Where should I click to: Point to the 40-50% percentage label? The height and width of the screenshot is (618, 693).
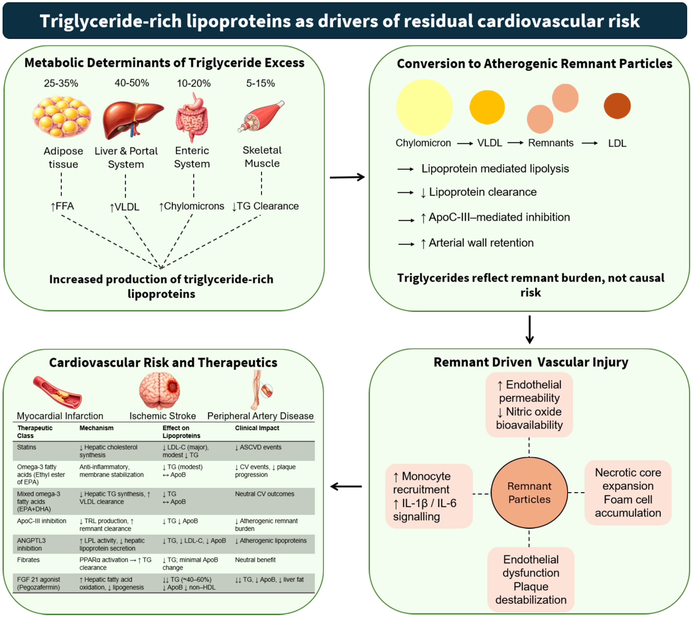pyautogui.click(x=132, y=83)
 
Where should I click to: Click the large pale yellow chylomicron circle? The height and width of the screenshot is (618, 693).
pyautogui.click(x=424, y=107)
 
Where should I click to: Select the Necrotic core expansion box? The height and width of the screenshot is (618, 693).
pyautogui.click(x=628, y=493)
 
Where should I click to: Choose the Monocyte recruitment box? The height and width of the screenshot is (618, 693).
pyautogui.click(x=429, y=496)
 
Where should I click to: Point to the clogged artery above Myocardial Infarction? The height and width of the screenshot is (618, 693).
pyautogui.click(x=57, y=392)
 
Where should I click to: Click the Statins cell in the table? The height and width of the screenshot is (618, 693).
pyautogui.click(x=26, y=447)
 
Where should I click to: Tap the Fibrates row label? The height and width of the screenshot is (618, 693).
pyautogui.click(x=28, y=560)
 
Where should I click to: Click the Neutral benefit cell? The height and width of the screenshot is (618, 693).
pyautogui.click(x=255, y=560)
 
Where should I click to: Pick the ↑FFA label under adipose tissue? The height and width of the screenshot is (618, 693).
pyautogui.click(x=62, y=206)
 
